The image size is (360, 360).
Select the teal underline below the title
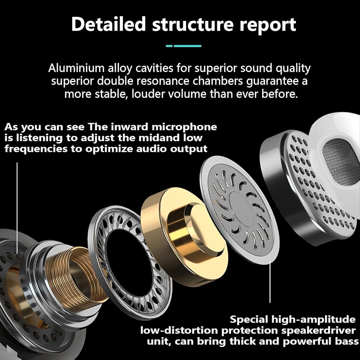tap(184, 46)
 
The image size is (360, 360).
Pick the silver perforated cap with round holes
tap(306, 184)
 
